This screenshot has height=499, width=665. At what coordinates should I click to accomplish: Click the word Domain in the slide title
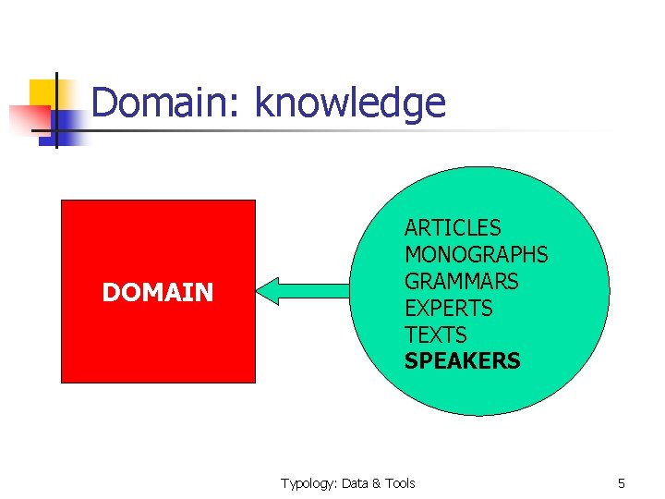tap(161, 103)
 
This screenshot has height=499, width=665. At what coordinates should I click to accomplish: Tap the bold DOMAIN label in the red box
tap(158, 293)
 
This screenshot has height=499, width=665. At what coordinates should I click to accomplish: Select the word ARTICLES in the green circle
tap(453, 227)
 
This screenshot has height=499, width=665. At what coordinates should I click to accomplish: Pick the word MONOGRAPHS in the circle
tap(476, 254)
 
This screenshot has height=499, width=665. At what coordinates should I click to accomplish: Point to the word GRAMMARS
tap(462, 281)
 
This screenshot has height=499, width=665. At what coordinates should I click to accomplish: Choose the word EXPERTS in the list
tap(449, 308)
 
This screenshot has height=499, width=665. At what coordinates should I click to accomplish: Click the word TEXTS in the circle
tap(436, 335)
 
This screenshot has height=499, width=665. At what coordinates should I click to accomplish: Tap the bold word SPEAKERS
tap(462, 361)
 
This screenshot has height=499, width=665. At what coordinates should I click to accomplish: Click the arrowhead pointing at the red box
tap(269, 291)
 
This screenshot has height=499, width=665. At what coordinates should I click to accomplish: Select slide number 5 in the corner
tap(622, 483)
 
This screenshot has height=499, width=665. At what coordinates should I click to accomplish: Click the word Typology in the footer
tap(308, 483)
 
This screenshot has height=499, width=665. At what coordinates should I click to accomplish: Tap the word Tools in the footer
tap(400, 483)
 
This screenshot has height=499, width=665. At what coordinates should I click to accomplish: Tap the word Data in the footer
tap(357, 483)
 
